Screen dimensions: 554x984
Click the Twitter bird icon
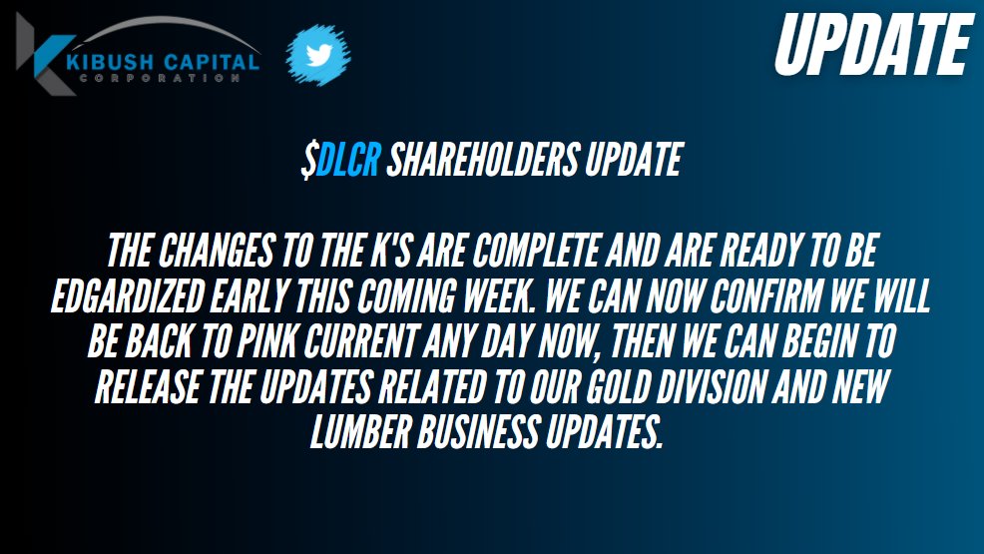click(318, 55)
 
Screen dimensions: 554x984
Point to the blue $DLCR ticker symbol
click(342, 161)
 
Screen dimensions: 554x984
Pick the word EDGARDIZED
click(134, 298)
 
